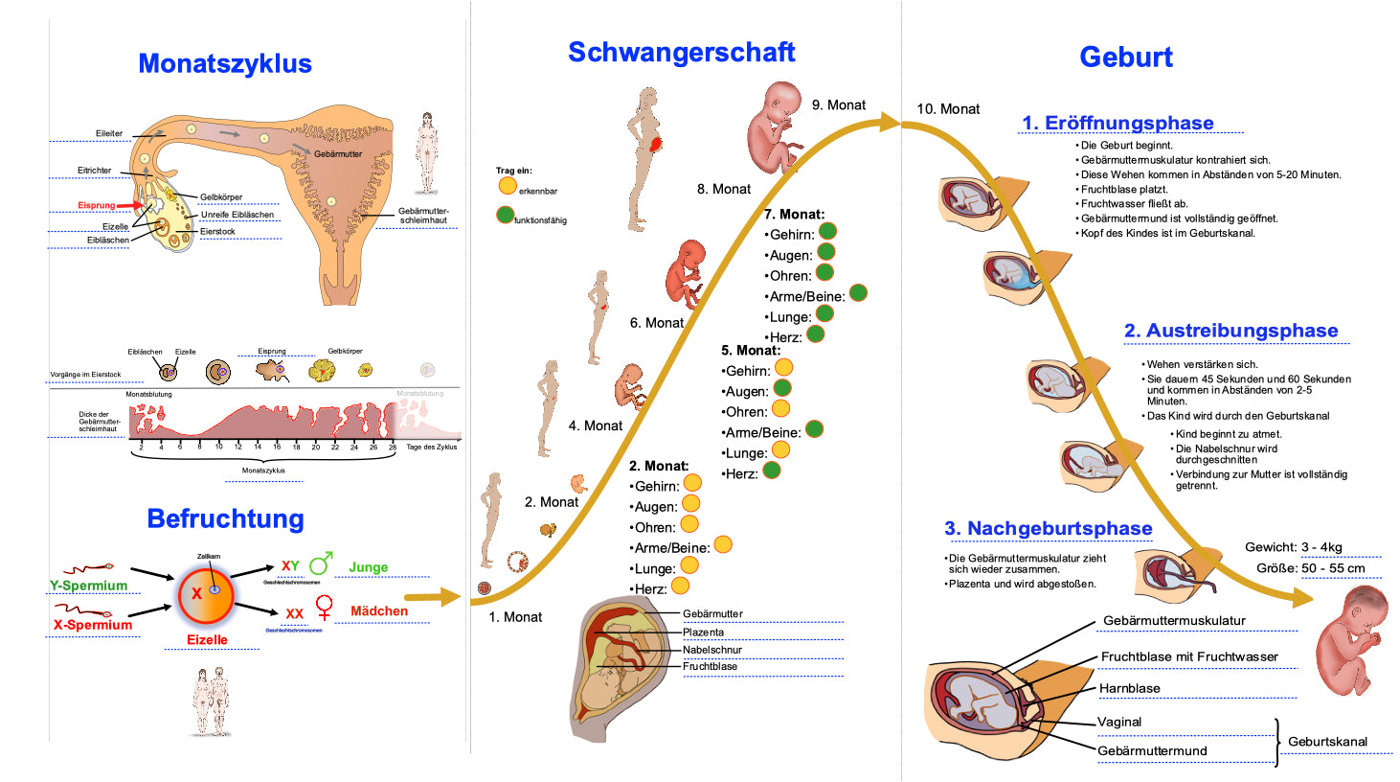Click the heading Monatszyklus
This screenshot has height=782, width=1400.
point(225,63)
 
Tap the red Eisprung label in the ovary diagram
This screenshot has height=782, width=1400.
point(96,205)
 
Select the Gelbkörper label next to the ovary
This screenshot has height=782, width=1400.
point(221,197)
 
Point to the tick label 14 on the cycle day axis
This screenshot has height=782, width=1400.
point(258,447)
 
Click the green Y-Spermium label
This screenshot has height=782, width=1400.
point(88,586)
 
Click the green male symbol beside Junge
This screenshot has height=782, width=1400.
point(321,563)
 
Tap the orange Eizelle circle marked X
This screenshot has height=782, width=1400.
point(205,594)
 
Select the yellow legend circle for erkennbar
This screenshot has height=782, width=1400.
point(507,186)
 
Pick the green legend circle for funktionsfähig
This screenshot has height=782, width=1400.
point(505,215)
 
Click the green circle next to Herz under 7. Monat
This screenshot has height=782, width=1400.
point(816,333)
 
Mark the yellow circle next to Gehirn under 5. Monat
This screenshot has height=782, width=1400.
point(783,367)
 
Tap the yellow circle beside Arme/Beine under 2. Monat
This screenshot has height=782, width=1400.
point(723,544)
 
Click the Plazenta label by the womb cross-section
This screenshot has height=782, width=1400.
point(703,632)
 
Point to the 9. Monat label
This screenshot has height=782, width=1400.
point(839,105)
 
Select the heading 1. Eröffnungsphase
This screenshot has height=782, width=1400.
point(1118,123)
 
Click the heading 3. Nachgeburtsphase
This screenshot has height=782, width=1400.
point(1049,528)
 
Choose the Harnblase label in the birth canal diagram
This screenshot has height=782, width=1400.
point(1129,688)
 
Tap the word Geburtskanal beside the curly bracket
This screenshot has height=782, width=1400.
point(1327,742)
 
